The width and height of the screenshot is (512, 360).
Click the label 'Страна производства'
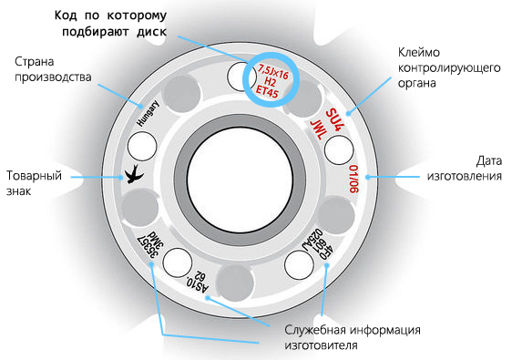point(52,68)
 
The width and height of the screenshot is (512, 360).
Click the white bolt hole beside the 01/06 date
point(339,149)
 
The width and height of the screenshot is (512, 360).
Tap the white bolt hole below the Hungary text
point(141,144)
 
